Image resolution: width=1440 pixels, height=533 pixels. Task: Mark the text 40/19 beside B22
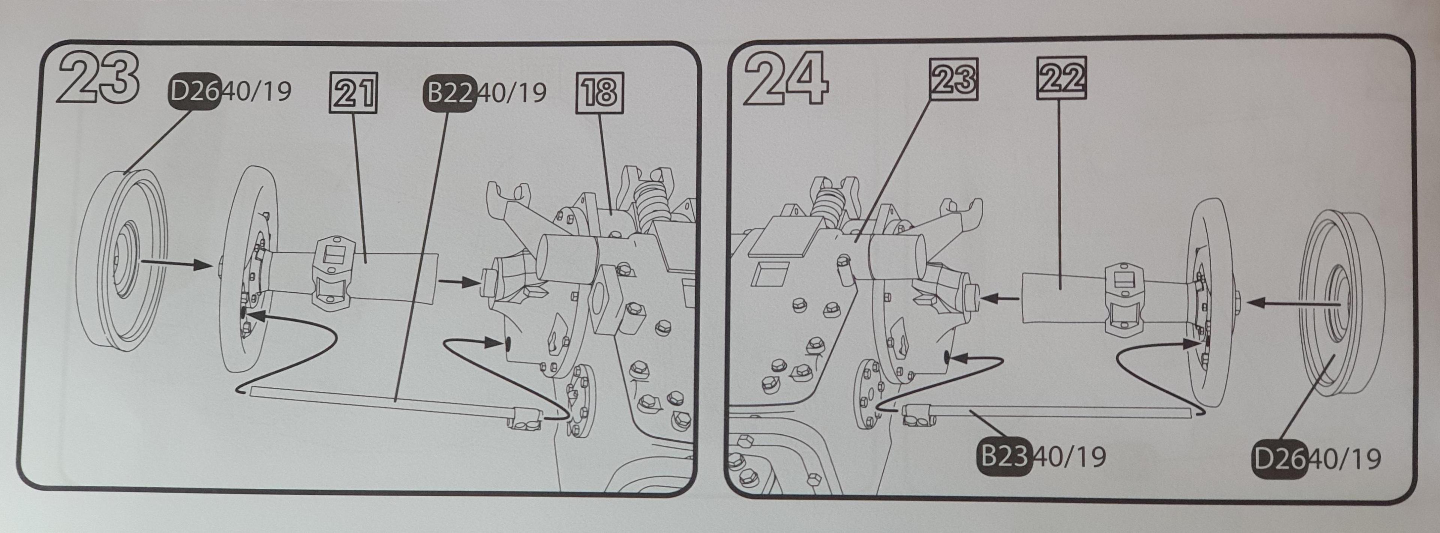tap(513, 93)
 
